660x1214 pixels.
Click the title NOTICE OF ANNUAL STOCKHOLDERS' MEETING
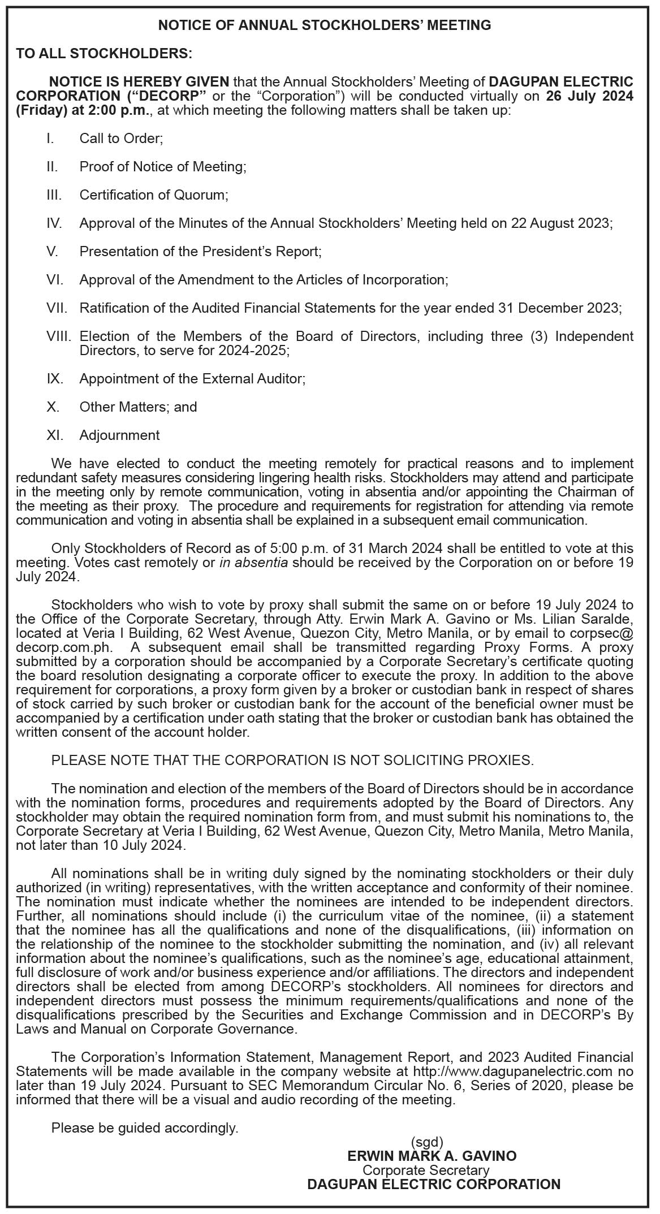tap(324, 25)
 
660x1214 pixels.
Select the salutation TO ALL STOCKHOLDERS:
tap(104, 54)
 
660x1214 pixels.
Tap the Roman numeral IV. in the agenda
tap(54, 223)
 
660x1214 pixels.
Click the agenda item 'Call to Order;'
tap(121, 139)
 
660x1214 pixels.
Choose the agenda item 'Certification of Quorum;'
tap(154, 195)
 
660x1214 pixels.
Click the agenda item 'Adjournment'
tap(119, 435)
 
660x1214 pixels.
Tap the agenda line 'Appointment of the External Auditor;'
tap(192, 379)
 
